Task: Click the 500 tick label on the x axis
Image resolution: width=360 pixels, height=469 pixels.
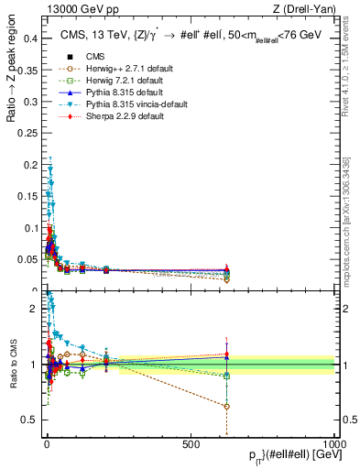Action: coord(191,444)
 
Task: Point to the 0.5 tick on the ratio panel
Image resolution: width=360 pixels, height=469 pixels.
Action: coord(31,420)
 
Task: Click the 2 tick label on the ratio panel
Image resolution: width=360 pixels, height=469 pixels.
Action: coord(35,309)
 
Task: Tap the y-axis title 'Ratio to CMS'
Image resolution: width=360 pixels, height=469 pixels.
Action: coord(12,364)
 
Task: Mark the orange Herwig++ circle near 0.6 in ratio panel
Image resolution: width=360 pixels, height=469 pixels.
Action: coord(226,406)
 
